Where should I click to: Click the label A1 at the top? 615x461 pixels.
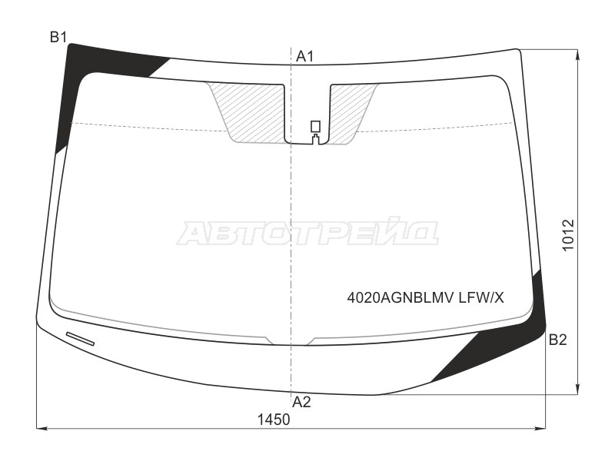pos(305,55)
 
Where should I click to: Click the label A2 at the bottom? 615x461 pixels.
pos(301,401)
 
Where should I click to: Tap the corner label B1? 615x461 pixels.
pos(59,37)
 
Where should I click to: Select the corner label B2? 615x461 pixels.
pos(557,340)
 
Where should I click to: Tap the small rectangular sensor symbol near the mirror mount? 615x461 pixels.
pos(314,127)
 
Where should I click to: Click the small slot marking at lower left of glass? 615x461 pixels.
pos(80,338)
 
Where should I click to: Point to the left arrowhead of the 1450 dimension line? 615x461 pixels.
pos(41,427)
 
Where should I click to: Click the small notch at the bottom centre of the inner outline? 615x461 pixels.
pos(290,342)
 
